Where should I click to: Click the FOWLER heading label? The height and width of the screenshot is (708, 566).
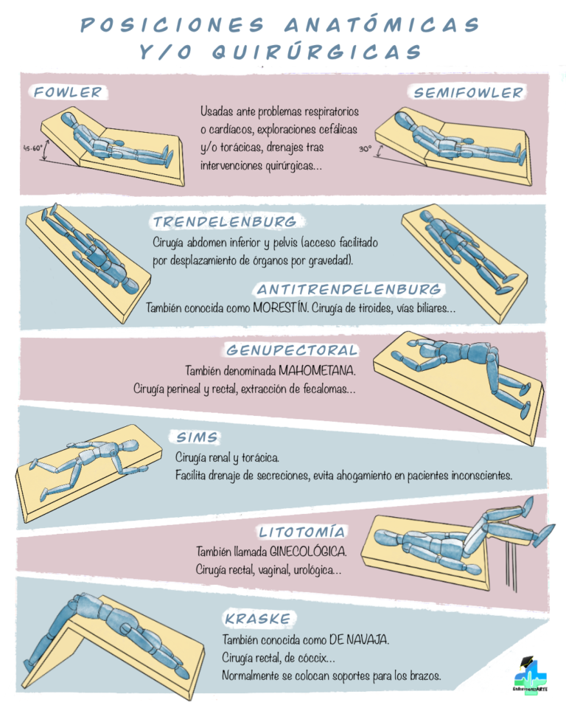(69, 92)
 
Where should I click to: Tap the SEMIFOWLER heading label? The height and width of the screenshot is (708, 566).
(468, 93)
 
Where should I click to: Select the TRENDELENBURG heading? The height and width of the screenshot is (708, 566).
(225, 221)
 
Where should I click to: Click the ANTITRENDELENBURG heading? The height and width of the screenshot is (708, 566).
(349, 289)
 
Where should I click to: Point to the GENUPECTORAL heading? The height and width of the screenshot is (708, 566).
(292, 350)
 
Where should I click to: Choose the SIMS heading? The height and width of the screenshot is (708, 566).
(197, 437)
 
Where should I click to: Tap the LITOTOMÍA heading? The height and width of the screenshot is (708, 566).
(302, 532)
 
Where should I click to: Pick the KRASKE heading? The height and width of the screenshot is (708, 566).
(258, 619)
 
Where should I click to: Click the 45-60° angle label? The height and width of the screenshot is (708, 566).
(33, 147)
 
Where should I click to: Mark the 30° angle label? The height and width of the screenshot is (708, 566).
(365, 148)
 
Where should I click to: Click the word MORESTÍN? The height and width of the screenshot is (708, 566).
(280, 308)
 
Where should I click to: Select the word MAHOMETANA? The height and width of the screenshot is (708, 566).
(317, 371)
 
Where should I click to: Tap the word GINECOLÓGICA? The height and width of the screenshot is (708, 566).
(308, 552)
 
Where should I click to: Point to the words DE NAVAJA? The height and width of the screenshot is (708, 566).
(359, 640)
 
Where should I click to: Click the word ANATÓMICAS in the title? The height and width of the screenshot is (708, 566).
(382, 24)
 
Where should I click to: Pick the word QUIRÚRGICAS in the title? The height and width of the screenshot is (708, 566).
(317, 52)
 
